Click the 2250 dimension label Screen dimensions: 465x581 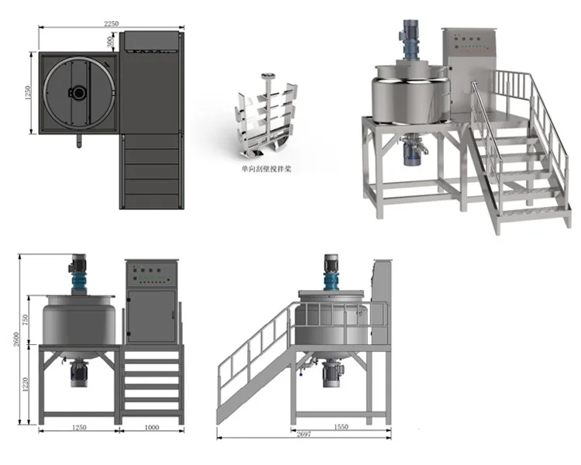pos(111,24)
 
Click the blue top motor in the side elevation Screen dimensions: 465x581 pos(332,274)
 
